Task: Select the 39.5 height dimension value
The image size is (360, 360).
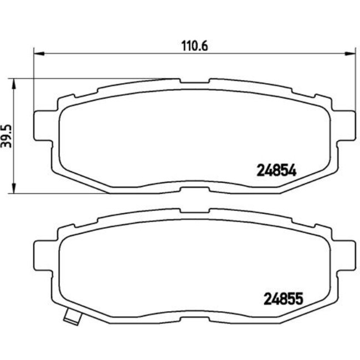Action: click(7, 136)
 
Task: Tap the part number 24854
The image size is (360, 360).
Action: click(277, 171)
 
